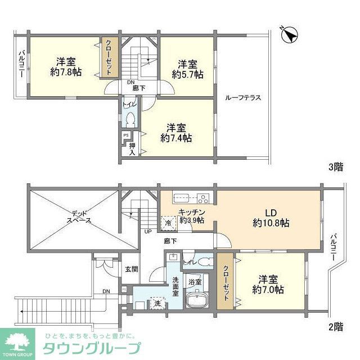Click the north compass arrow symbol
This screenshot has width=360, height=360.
[x=290, y=34]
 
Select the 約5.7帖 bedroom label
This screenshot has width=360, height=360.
[x=188, y=69]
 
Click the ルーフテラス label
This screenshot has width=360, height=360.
[x=242, y=97]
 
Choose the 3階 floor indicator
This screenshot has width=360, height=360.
[x=336, y=167]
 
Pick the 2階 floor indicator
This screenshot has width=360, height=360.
[x=336, y=326]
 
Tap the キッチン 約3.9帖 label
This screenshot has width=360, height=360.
[x=191, y=216]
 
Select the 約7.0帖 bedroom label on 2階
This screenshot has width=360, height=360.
[x=268, y=285]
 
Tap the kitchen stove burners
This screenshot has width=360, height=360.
[x=201, y=197]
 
